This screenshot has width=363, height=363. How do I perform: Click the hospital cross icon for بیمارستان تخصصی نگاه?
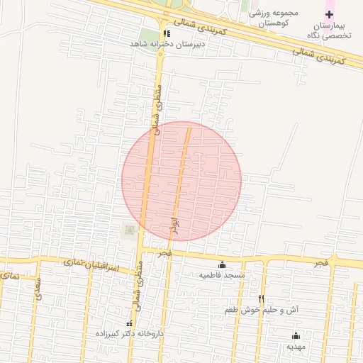coord(329,15)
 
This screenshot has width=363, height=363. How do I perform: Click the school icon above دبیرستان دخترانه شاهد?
coord(166,33)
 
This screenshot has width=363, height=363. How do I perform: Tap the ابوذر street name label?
coord(175,227)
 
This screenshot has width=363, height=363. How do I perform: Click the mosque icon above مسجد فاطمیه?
coord(223,264)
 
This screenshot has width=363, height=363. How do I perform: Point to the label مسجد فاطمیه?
coord(221,275)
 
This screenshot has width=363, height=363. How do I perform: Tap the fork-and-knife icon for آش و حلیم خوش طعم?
coord(262,299)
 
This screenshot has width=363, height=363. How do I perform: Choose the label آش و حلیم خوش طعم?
coord(262,311)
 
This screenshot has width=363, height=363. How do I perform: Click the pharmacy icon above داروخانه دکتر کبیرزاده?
coord(128,323)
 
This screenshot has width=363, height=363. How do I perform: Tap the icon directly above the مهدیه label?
coord(296,336)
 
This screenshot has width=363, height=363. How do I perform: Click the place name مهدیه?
coord(296,347)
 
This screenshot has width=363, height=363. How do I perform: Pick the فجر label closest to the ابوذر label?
coord(164,253)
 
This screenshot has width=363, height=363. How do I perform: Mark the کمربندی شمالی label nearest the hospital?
coord(318,57)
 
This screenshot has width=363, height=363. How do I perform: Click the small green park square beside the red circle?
coord(129,230)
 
